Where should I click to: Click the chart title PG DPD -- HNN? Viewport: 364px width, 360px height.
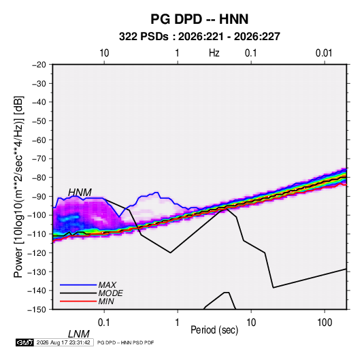[199, 19]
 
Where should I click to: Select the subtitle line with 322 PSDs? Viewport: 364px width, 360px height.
[199, 37]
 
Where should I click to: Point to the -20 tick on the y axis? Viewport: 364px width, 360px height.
[39, 65]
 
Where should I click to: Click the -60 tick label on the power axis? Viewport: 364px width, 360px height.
[39, 140]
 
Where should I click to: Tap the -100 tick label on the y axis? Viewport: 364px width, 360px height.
[37, 215]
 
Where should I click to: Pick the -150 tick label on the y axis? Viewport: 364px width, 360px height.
[37, 310]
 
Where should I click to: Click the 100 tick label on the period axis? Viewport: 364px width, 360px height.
[325, 323]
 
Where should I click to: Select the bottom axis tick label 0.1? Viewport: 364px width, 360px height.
[104, 323]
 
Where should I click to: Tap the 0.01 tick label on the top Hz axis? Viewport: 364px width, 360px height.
[324, 53]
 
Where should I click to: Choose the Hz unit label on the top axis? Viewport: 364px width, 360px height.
[214, 53]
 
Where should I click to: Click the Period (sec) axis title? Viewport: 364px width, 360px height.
[214, 330]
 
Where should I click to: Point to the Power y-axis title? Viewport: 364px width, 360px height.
[18, 187]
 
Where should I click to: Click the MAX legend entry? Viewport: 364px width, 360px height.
[107, 285]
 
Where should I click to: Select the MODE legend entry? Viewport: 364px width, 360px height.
[110, 293]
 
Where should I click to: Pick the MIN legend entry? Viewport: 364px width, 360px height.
[106, 301]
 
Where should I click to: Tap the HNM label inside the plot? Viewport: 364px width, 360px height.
[80, 193]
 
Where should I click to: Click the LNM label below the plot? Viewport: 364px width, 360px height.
[79, 334]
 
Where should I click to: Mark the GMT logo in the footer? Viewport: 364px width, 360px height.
[24, 342]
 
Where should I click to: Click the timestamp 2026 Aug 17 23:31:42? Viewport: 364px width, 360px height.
[63, 342]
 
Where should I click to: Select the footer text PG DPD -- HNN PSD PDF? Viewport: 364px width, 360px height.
[125, 342]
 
